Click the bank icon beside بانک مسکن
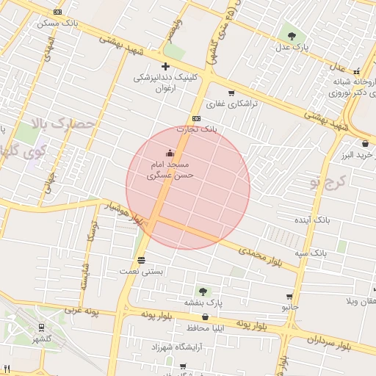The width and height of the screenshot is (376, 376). (x=58, y=12)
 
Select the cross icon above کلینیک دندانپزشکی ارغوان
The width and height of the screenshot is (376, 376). (x=165, y=66)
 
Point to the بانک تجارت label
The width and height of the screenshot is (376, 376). (x=196, y=129)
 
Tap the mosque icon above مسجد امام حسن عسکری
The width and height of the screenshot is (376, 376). (x=170, y=153)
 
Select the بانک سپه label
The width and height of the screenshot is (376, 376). (x=311, y=253)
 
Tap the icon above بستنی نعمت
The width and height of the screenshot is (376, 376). (x=141, y=260)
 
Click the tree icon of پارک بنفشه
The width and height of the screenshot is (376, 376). (x=203, y=292)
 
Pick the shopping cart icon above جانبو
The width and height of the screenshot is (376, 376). (x=289, y=297)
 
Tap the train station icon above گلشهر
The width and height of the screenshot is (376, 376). (x=42, y=328)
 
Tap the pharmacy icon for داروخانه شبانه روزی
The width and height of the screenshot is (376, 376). (x=357, y=72)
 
